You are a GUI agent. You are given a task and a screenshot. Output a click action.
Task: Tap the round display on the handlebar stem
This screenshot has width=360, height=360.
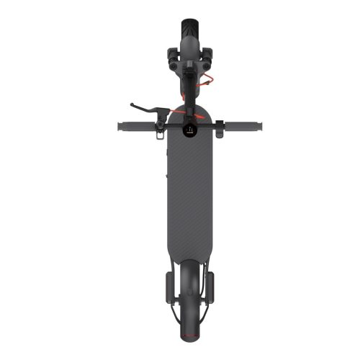point(190,130)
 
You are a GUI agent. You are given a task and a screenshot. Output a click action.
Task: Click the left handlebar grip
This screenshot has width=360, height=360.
point(135,126)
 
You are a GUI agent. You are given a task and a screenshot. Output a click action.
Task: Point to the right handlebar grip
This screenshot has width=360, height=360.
point(244,127)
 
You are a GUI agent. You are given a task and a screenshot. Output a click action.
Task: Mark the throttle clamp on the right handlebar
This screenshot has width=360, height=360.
point(217,127)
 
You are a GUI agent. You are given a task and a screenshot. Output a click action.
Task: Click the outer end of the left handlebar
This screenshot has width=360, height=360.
point(119,126)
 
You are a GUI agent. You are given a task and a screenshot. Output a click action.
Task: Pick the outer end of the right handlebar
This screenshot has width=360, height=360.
point(261,127)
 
